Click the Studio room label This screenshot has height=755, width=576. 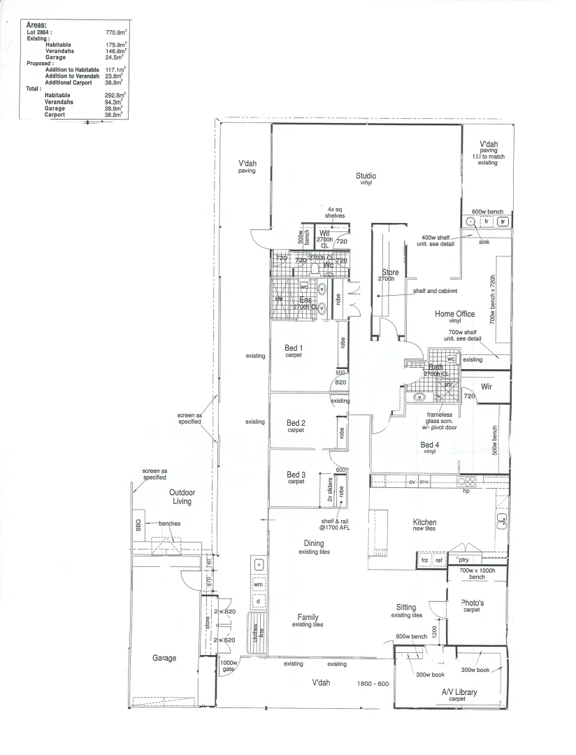[x=366, y=176]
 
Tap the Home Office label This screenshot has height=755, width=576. [x=455, y=315]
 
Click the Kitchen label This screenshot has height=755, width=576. [x=424, y=522]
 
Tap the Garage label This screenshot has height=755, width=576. [x=164, y=658]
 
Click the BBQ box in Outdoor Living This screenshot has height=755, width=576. [x=138, y=522]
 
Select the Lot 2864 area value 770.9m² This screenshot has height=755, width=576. [x=115, y=32]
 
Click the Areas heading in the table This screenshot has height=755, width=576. [x=36, y=24]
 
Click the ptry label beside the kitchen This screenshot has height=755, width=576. [x=464, y=559]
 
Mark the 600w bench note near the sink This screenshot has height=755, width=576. [x=487, y=211]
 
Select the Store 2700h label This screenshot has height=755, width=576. [x=390, y=275]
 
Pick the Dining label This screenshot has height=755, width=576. [x=313, y=543]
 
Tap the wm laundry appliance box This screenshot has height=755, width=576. [x=258, y=584]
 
